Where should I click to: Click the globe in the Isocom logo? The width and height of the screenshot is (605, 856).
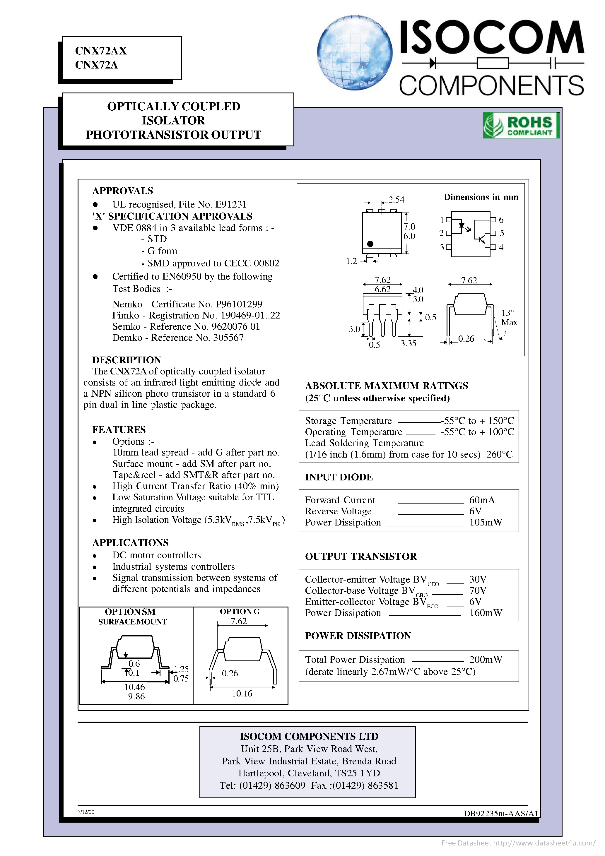(354, 53)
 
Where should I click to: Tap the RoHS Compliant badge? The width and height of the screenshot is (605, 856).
(521, 125)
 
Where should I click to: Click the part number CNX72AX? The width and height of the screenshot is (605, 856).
(101, 51)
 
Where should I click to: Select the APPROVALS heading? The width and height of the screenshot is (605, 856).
(122, 191)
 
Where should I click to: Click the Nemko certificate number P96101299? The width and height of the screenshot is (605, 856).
(239, 304)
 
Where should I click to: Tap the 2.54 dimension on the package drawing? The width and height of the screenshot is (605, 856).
(396, 199)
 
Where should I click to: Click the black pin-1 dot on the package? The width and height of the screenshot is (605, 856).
(370, 244)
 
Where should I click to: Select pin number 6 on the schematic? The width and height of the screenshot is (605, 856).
(501, 220)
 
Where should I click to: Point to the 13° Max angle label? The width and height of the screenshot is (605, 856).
(509, 318)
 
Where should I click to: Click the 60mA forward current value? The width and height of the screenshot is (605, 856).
(481, 500)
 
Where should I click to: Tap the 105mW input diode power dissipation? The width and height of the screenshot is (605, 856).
(485, 522)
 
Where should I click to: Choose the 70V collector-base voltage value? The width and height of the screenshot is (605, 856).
(478, 590)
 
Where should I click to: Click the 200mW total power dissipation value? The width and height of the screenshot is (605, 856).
(485, 660)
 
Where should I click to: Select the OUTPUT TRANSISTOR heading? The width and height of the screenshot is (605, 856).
(361, 556)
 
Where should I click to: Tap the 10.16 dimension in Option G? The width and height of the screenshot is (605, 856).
(242, 694)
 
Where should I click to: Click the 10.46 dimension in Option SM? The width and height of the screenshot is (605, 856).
(134, 687)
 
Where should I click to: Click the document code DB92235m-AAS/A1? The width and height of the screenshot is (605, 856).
(500, 814)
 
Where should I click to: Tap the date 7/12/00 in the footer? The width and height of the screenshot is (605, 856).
(86, 812)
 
